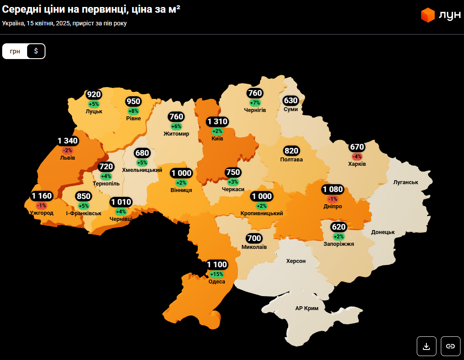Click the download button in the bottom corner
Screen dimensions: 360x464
pos(426,346)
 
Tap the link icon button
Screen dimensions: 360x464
pos(450,346)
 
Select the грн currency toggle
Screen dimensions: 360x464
pos(15,51)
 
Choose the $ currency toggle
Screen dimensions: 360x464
pos(36,51)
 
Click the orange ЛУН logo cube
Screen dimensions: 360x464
pos(427,15)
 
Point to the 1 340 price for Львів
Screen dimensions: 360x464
pos(68,141)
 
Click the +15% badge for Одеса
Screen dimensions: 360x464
pos(216,274)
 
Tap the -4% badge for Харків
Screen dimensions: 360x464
pos(357,157)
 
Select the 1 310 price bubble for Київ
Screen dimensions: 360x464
pos(217,122)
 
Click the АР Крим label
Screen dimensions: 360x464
pos(307,308)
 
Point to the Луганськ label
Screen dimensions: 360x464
pos(406,182)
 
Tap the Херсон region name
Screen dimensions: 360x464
pos(296,261)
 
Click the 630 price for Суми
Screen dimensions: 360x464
pos(291,101)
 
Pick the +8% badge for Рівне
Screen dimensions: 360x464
pos(133,111)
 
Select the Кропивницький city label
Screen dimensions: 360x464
pos(262,213)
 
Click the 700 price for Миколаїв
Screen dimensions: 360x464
pos(254,238)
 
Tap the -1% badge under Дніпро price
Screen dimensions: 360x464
pos(333,199)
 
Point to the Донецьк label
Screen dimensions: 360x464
pos(383,232)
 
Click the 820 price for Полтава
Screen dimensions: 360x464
pos(291,151)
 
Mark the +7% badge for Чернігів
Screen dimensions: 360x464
pos(255,102)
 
